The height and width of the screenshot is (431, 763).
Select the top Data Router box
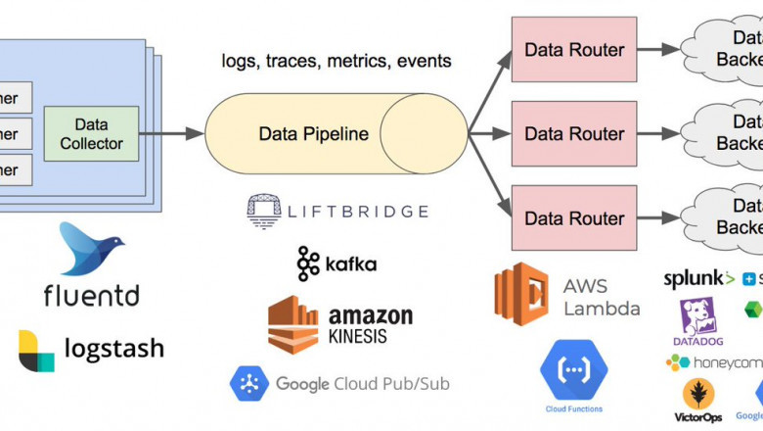tap(574, 50)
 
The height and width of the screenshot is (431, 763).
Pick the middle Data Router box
tap(574, 133)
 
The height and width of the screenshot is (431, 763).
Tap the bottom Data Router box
tap(574, 217)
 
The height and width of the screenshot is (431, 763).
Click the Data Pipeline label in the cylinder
tap(313, 133)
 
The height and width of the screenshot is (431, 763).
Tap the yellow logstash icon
tap(36, 351)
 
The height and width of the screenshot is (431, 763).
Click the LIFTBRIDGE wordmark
tap(357, 210)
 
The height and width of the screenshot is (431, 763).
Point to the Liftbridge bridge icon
tap(264, 210)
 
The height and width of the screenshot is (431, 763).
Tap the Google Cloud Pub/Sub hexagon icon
tap(248, 383)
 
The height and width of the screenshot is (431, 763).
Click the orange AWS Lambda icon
tap(521, 292)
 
